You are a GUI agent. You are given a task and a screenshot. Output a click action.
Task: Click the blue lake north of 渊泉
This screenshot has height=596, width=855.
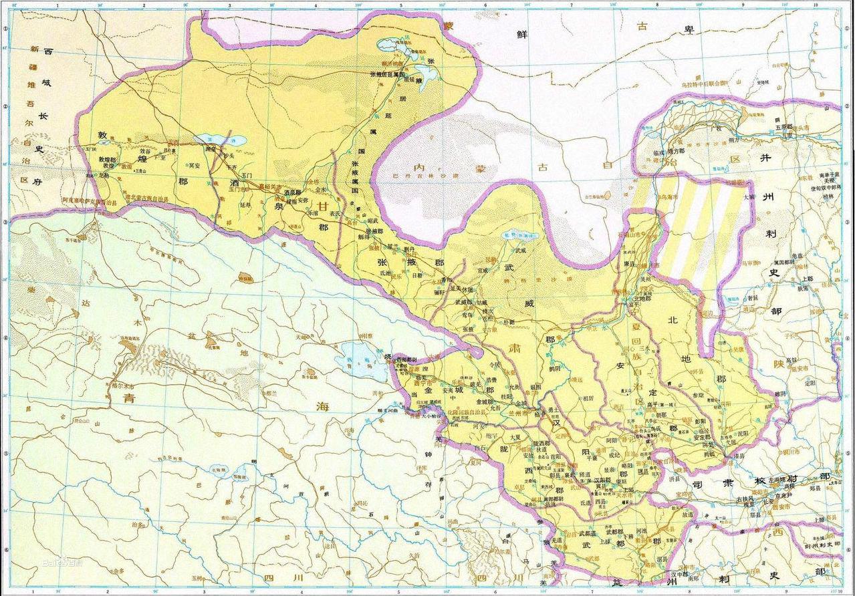[220, 141]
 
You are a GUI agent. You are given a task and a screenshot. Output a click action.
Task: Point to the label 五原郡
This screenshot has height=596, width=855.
[783, 127]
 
